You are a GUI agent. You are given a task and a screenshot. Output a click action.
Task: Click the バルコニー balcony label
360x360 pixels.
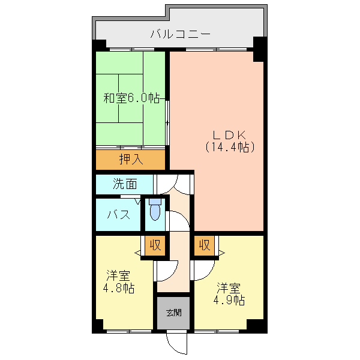[180, 34]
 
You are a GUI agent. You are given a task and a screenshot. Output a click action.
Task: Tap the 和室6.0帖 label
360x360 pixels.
[131, 98]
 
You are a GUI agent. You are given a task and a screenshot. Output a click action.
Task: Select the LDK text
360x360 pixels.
[230, 135]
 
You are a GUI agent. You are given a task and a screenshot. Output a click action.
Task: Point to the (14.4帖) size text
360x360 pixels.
[230, 147]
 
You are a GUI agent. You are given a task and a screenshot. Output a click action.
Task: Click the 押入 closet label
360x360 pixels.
[131, 159]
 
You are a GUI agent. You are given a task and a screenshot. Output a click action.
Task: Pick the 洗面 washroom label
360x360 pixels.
[125, 184]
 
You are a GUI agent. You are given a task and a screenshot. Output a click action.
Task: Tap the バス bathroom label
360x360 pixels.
[119, 215]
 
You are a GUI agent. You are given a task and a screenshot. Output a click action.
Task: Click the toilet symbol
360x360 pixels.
[155, 209]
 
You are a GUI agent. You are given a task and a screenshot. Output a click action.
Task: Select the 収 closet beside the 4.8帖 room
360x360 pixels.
[155, 245]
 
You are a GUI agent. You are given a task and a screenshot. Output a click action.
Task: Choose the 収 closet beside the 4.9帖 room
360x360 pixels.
[205, 245]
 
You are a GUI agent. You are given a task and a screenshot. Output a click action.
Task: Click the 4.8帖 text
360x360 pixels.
[118, 288]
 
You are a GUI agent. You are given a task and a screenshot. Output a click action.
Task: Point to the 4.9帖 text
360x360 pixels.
[229, 300]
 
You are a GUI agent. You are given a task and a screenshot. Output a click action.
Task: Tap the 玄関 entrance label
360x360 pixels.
[174, 313]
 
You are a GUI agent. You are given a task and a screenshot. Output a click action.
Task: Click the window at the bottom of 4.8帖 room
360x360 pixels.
[129, 331]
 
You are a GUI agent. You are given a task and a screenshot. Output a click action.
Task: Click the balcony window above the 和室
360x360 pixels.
[132, 49]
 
